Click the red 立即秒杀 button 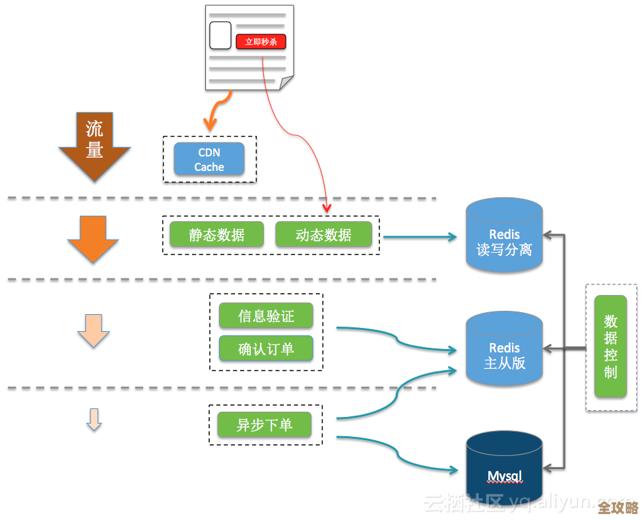pos(261,42)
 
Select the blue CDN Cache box pos(209,159)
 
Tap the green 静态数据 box pos(216,235)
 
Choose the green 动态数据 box pos(323,235)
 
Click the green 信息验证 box pos(266,315)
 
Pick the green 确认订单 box pos(266,348)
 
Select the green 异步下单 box pos(264,424)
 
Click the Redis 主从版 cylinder pos(504,350)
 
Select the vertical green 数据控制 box pos(610,346)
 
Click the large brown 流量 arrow pos(94,145)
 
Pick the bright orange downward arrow pos(93,239)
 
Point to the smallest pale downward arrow pos(94,420)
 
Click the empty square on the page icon pos(220,35)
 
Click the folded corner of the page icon pos(286,84)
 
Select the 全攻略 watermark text pos(618,507)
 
